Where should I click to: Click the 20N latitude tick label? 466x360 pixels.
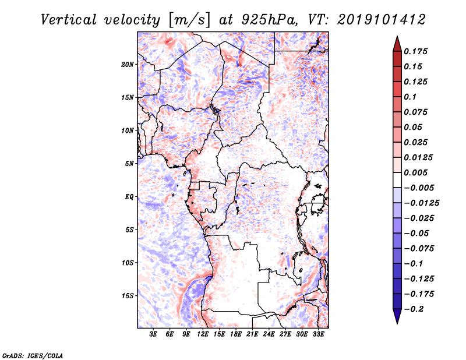[x=128, y=64]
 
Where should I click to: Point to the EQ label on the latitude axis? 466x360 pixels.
[x=129, y=197]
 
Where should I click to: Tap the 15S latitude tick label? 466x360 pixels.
[x=128, y=296]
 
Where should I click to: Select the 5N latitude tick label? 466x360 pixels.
[x=129, y=164]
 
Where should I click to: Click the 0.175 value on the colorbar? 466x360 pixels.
[x=416, y=51]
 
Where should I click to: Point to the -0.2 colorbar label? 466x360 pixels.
[x=415, y=309]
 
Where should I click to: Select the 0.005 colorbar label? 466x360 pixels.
[x=416, y=173]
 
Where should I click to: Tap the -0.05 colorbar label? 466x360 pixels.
[x=416, y=234]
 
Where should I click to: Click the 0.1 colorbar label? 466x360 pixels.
[x=411, y=97]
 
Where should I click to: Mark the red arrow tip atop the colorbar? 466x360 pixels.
[x=397, y=39]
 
